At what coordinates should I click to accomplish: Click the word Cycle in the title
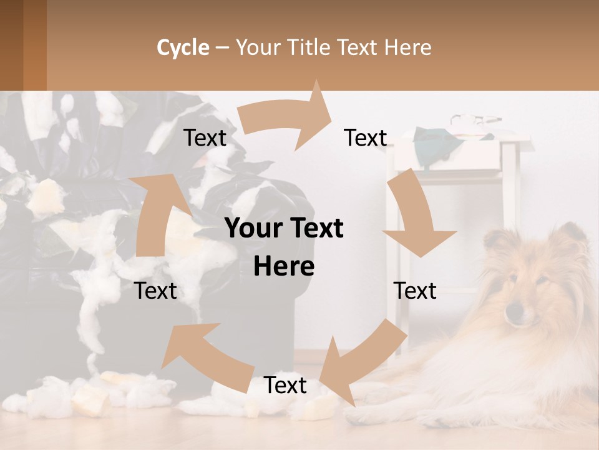pos(183,47)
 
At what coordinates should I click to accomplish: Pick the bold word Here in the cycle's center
pos(284,267)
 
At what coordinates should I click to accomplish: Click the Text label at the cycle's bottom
pos(285,386)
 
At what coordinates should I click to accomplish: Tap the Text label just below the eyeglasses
pos(366,137)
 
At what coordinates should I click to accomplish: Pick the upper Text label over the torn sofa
pos(205,137)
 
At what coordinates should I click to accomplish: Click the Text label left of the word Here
pos(156,291)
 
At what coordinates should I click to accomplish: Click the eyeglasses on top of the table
pos(475,119)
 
